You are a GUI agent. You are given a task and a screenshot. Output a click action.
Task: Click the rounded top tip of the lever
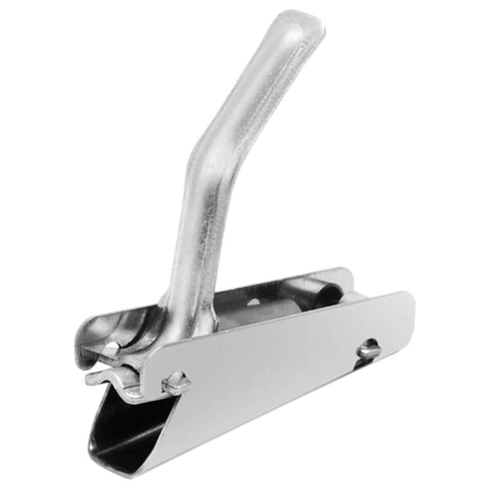pyautogui.click(x=303, y=22)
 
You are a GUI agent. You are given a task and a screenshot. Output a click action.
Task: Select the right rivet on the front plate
pyautogui.click(x=368, y=348)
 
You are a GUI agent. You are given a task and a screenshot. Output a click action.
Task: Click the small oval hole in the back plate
pyautogui.click(x=254, y=302)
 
